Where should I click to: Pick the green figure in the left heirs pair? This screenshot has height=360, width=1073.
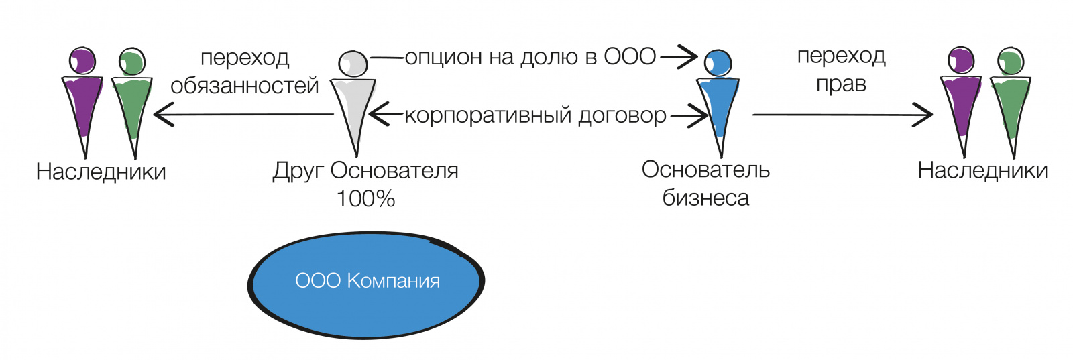pyautogui.click(x=132, y=104)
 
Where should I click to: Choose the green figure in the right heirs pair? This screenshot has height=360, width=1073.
pyautogui.click(x=1010, y=104)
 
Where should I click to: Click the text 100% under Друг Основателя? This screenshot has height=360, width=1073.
pyautogui.click(x=365, y=198)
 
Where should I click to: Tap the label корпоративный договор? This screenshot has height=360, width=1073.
pyautogui.click(x=535, y=115)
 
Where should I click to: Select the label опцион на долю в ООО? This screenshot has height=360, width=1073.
pyautogui.click(x=530, y=57)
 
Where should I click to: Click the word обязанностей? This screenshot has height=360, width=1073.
pyautogui.click(x=245, y=86)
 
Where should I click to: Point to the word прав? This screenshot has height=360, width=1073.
pyautogui.click(x=841, y=84)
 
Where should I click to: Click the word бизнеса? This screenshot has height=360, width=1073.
pyautogui.click(x=705, y=198)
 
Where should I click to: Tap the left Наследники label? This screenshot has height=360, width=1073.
pyautogui.click(x=101, y=172)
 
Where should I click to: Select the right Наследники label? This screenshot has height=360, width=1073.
pyautogui.click(x=982, y=170)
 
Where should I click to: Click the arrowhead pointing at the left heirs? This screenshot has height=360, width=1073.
pyautogui.click(x=161, y=115)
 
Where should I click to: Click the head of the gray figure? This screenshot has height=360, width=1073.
pyautogui.click(x=353, y=64)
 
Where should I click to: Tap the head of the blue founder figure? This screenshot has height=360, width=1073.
pyautogui.click(x=718, y=63)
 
